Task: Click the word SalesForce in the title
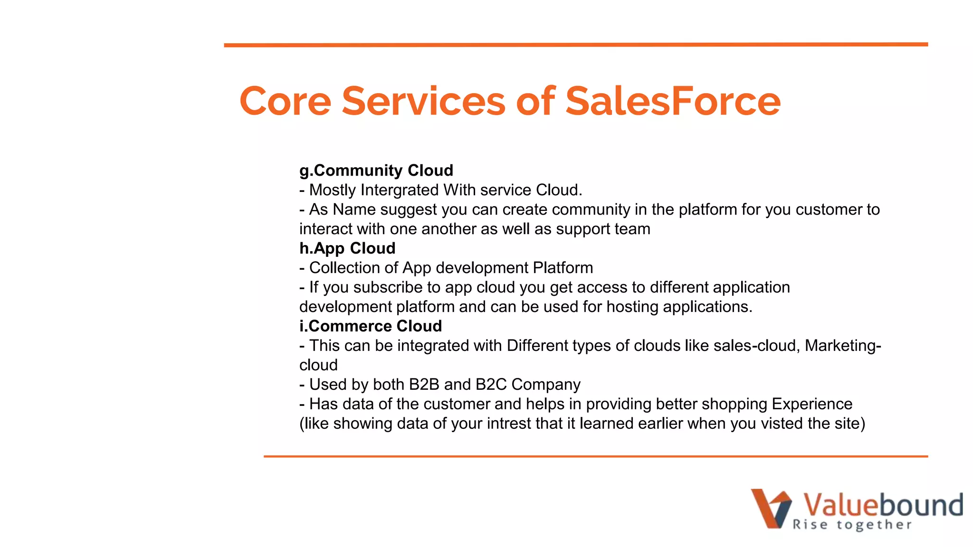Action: click(673, 101)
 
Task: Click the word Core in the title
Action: click(285, 101)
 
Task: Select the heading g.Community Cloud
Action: click(376, 170)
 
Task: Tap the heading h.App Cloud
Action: click(347, 248)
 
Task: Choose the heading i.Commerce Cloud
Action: click(370, 326)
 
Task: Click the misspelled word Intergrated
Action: click(399, 190)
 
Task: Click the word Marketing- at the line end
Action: click(843, 345)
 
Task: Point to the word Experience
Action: click(811, 404)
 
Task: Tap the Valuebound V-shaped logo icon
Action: click(771, 508)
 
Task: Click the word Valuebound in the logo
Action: click(882, 505)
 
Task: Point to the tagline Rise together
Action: click(852, 525)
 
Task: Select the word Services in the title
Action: click(423, 101)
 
